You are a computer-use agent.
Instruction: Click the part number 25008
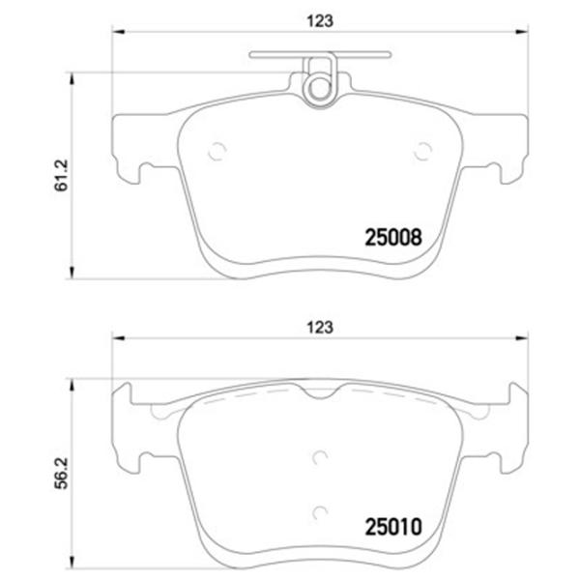[x=393, y=237]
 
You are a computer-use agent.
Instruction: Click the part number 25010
[x=393, y=527]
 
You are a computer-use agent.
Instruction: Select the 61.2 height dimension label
[x=62, y=175]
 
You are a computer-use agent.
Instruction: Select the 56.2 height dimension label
[x=62, y=473]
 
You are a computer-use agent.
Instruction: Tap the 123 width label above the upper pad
[x=320, y=21]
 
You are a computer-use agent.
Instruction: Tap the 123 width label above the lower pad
[x=320, y=328]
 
